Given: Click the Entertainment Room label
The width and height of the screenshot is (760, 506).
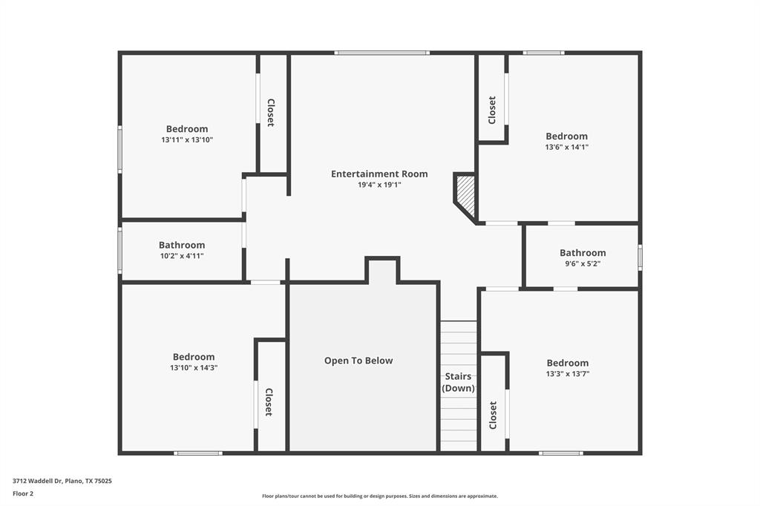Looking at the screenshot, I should [x=379, y=174].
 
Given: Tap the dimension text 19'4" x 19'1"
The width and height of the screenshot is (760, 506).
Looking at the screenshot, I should [x=379, y=185].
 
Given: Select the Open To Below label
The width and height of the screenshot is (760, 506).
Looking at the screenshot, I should [x=358, y=361].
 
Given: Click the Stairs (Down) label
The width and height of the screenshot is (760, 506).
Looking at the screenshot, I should [x=459, y=382].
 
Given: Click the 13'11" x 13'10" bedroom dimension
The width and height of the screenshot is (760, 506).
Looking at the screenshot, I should [x=187, y=139].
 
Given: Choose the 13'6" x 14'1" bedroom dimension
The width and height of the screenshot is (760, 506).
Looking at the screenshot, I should [x=566, y=147].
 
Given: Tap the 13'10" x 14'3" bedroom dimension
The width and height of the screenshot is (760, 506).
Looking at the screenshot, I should [x=194, y=367].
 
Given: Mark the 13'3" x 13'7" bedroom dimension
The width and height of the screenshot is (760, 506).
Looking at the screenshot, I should [x=568, y=374].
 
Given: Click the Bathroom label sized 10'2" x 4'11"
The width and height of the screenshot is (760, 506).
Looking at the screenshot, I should [x=182, y=245].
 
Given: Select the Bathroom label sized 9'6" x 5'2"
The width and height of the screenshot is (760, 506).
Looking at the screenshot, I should [x=583, y=252].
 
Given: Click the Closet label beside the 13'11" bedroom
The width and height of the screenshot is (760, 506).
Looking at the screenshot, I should [x=271, y=113].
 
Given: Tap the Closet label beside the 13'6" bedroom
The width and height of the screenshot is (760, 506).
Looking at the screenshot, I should [x=492, y=110].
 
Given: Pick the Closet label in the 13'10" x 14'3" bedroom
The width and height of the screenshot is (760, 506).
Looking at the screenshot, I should [x=269, y=401].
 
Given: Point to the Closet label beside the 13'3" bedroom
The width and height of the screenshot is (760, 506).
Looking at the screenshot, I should [x=493, y=415].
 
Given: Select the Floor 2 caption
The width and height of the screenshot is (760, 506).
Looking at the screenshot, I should [x=23, y=493].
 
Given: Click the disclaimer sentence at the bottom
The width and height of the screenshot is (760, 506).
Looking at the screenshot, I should [x=379, y=496].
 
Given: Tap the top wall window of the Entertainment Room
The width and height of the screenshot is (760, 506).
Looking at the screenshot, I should [x=381, y=53].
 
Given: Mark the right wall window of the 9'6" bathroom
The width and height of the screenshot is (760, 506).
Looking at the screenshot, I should [x=640, y=257].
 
